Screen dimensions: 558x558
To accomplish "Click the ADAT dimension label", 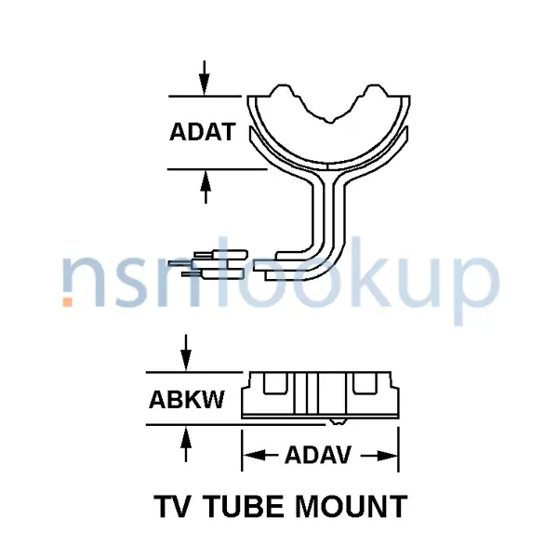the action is (202, 132).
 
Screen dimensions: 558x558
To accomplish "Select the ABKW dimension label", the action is (187, 399).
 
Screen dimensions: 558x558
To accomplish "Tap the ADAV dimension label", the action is (318, 455).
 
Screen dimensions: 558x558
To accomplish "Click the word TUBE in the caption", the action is (246, 506).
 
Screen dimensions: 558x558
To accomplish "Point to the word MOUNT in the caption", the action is (352, 506).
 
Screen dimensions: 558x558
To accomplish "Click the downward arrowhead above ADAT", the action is (205, 85).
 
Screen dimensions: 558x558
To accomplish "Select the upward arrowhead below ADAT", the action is (206, 180).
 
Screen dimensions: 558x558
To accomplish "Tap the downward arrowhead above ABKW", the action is (186, 361).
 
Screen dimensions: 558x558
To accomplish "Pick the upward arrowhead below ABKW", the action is (186, 436).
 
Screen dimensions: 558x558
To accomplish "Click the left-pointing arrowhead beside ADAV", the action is (254, 455).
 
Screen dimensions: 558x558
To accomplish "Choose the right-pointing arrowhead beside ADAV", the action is (387, 455).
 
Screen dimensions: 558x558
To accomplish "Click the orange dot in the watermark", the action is (68, 301).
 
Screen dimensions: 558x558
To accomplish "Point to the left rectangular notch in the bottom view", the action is (274, 383).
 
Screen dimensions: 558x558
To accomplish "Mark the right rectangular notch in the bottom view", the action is (365, 383).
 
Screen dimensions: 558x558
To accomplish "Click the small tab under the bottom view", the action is (339, 421).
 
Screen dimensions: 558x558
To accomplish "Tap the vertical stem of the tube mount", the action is (329, 214).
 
